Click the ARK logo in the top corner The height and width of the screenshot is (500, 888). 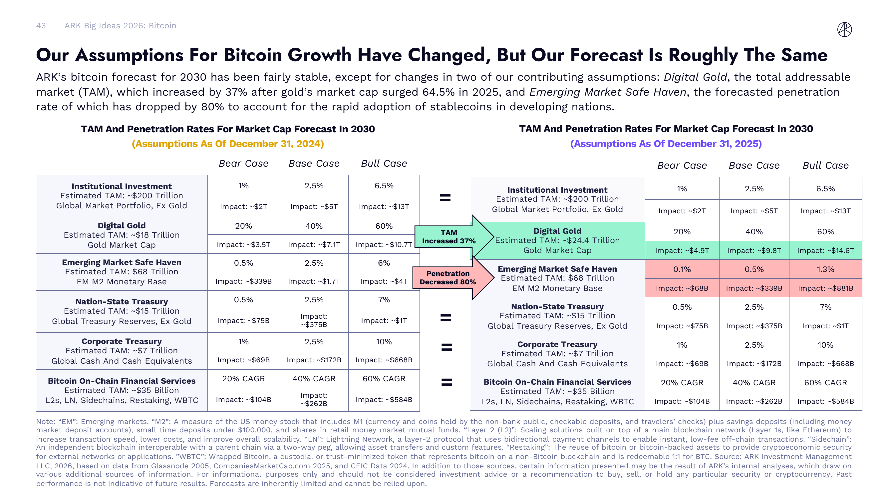[x=844, y=29]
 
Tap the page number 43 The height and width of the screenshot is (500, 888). [x=41, y=26]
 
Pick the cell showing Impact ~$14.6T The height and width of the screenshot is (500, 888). [x=825, y=251]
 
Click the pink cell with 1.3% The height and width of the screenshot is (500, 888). [x=825, y=269]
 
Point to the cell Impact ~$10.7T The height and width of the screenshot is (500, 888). [x=384, y=245]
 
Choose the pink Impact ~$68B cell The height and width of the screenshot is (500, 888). [x=682, y=288]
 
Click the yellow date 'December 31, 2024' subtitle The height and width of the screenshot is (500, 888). [x=227, y=144]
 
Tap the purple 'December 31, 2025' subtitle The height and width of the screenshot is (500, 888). [x=666, y=144]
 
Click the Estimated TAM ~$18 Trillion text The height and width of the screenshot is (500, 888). [x=121, y=235]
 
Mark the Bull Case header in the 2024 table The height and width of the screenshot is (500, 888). [x=384, y=163]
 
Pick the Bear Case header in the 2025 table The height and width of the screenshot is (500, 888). [x=682, y=165]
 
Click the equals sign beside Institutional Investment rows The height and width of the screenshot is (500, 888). [x=445, y=198]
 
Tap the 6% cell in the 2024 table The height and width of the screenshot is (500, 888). [x=384, y=263]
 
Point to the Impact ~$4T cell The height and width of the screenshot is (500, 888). [x=384, y=281]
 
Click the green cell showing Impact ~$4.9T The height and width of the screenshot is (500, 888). [x=682, y=251]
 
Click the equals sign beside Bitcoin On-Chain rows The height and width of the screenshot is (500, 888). [x=447, y=382]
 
